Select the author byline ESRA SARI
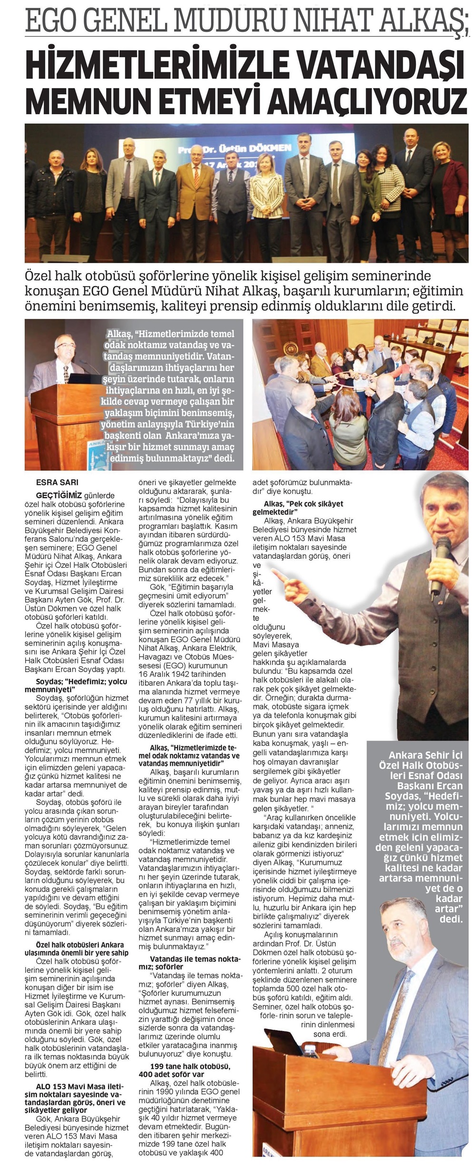click(x=57, y=482)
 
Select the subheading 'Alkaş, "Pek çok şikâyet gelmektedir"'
click(x=297, y=507)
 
